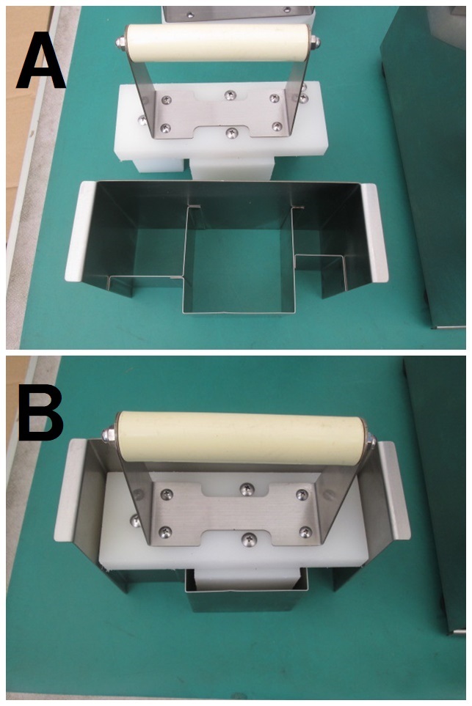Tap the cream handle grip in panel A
click(218, 43)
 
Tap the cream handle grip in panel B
click(242, 438)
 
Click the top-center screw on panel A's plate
click(230, 95)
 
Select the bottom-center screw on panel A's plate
click(232, 133)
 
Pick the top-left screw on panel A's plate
click(167, 100)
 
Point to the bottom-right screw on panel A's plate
click(276, 127)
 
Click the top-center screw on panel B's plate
click(247, 488)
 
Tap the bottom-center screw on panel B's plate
click(248, 539)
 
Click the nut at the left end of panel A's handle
click(120, 42)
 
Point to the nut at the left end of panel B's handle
click(109, 435)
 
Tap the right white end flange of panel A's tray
click(374, 233)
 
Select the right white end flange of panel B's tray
click(394, 490)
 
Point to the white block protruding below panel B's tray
click(247, 578)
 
